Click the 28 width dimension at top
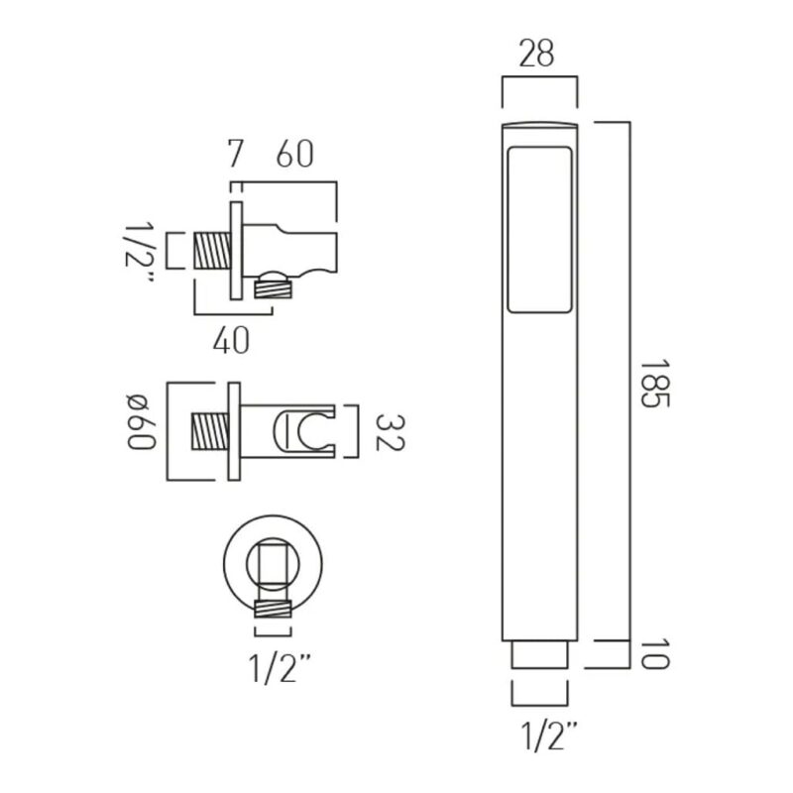click(536, 54)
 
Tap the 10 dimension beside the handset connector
click(655, 654)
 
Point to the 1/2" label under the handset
click(549, 736)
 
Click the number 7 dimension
click(235, 154)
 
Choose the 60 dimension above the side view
click(294, 154)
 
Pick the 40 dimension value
click(231, 339)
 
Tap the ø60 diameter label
click(141, 422)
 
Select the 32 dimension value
click(390, 432)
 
